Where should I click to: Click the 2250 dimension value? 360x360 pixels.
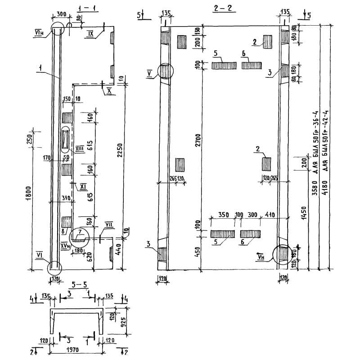(x=119, y=153)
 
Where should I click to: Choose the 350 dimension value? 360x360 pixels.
(x=223, y=215)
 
